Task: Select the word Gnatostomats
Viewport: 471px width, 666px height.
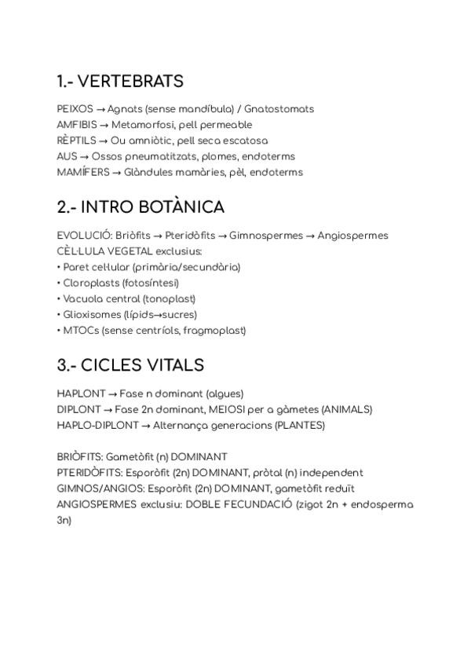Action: (x=279, y=109)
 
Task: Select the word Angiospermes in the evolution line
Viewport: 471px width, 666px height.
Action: (x=352, y=236)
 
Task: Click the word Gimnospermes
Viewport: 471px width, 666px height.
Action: (x=264, y=236)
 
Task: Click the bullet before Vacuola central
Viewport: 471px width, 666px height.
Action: (x=59, y=299)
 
